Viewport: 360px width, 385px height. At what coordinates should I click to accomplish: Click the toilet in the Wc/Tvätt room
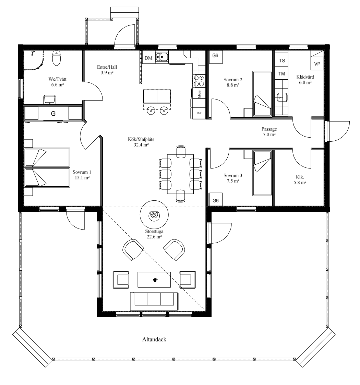[57, 58]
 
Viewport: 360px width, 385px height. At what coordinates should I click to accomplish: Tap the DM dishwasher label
[148, 58]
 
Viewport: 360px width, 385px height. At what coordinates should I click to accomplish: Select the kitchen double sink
[162, 57]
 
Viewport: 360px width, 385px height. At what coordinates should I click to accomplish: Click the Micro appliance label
[199, 94]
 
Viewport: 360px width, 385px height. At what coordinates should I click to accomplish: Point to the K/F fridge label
[200, 113]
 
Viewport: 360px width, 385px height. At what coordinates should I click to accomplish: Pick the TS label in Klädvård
[282, 60]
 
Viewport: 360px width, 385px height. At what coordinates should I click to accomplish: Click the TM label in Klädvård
[282, 74]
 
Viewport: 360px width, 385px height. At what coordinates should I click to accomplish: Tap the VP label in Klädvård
[317, 64]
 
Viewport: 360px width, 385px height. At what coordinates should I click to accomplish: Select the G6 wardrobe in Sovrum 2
[215, 57]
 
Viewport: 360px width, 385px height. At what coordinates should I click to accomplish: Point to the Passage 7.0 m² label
[269, 132]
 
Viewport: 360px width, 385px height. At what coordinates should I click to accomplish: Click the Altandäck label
[154, 339]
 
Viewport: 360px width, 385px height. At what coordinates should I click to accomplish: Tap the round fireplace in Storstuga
[154, 215]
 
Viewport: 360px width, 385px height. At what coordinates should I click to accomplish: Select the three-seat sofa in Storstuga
[154, 301]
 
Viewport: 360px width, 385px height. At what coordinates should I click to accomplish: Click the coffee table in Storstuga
[154, 279]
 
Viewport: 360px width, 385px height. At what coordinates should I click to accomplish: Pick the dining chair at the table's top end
[181, 152]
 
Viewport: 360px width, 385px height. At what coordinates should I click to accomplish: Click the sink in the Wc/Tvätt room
[50, 100]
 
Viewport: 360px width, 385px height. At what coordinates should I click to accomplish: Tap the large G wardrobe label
[53, 114]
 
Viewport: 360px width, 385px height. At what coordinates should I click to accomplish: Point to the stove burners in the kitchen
[199, 81]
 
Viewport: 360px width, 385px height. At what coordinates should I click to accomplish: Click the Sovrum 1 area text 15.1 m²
[82, 177]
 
